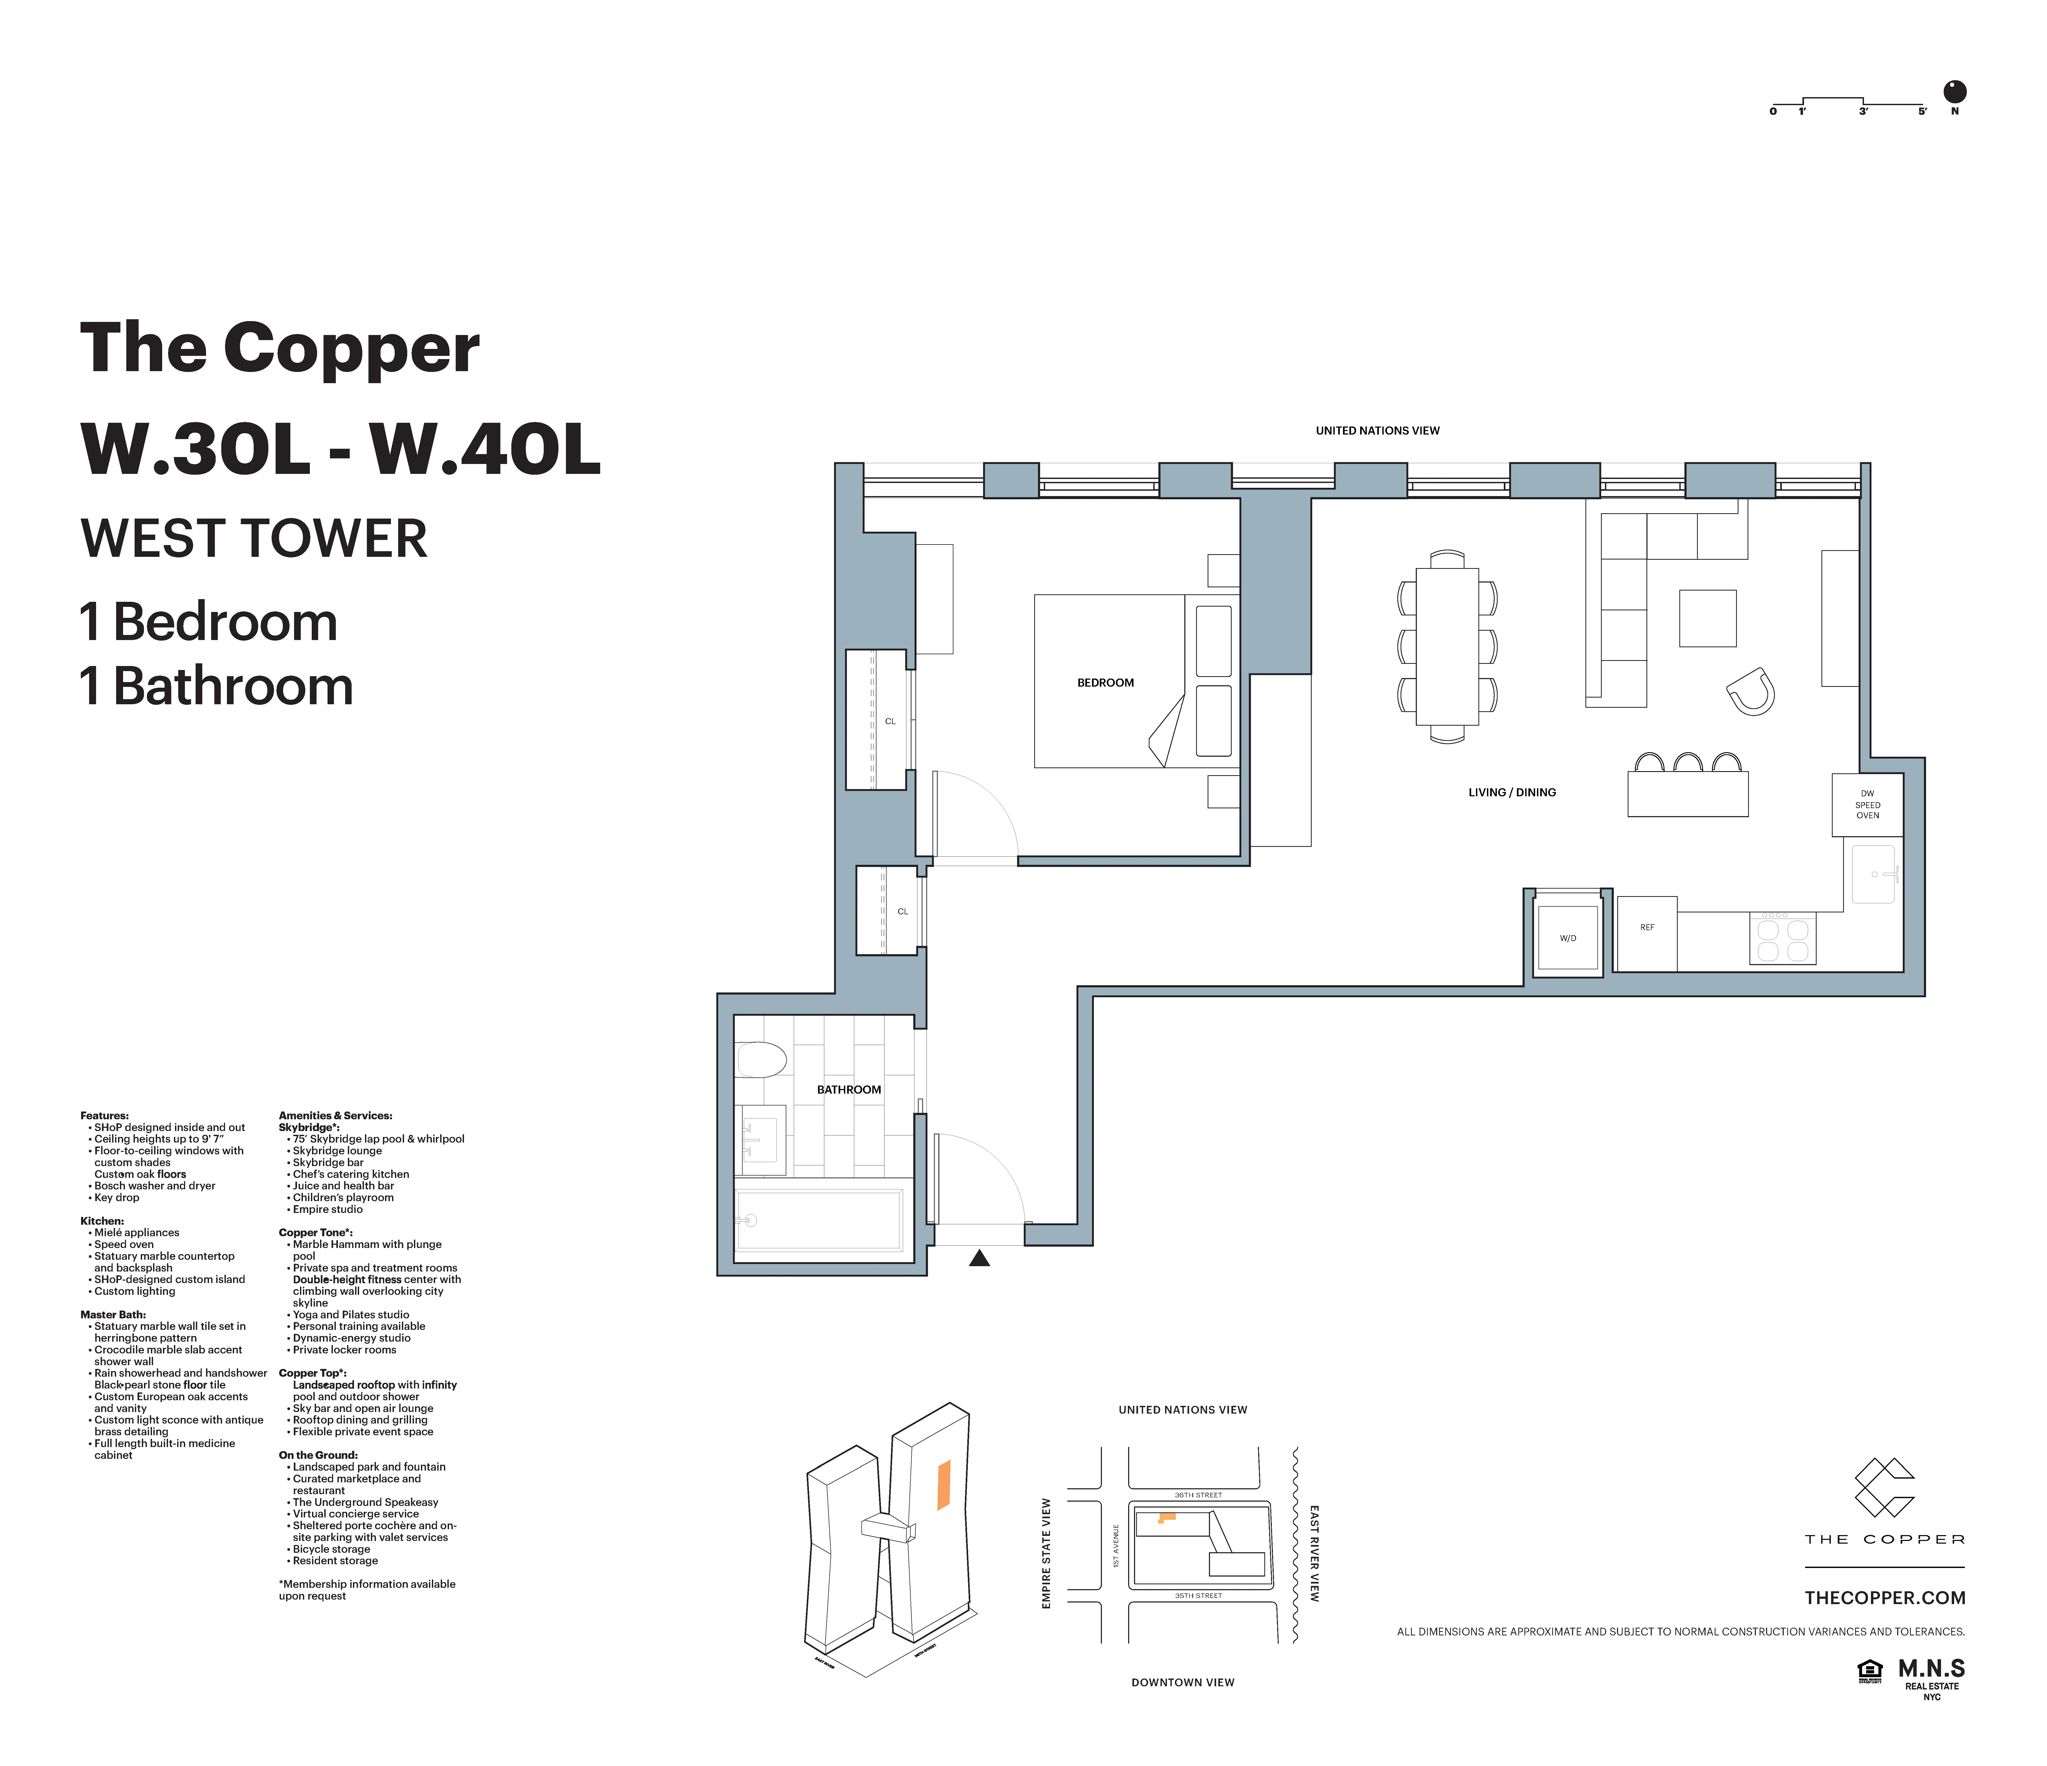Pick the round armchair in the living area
1752,691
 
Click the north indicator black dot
1954,92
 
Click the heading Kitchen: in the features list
102,1221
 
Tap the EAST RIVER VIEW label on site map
1314,1553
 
